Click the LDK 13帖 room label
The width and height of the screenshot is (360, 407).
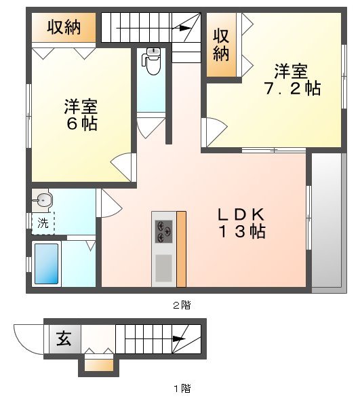click(241, 222)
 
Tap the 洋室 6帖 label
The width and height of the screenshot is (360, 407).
click(81, 115)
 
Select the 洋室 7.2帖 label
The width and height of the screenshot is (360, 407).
click(292, 79)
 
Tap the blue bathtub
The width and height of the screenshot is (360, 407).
click(46, 264)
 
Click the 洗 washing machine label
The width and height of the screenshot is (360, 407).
click(43, 222)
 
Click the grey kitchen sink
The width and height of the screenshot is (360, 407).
click(164, 267)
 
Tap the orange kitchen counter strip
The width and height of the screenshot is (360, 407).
click(181, 248)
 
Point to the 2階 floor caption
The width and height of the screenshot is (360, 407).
click(180, 305)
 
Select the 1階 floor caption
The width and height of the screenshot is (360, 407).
click(180, 389)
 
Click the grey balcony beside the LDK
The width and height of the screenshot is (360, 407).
click(327, 222)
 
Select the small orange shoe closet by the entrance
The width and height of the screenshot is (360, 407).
click(99, 366)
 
